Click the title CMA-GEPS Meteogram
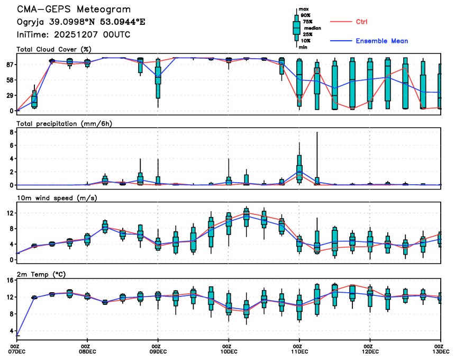(x=74, y=10)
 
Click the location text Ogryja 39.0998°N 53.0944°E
(x=81, y=22)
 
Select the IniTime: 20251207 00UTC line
(x=74, y=34)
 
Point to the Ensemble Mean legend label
(x=381, y=41)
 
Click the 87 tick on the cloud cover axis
(x=9, y=65)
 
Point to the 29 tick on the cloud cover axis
(x=9, y=95)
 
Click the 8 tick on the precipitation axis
(x=11, y=132)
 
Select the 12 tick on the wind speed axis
(x=9, y=213)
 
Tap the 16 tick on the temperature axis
(x=9, y=281)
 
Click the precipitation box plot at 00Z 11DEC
(x=299, y=168)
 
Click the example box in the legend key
(x=296, y=26)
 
